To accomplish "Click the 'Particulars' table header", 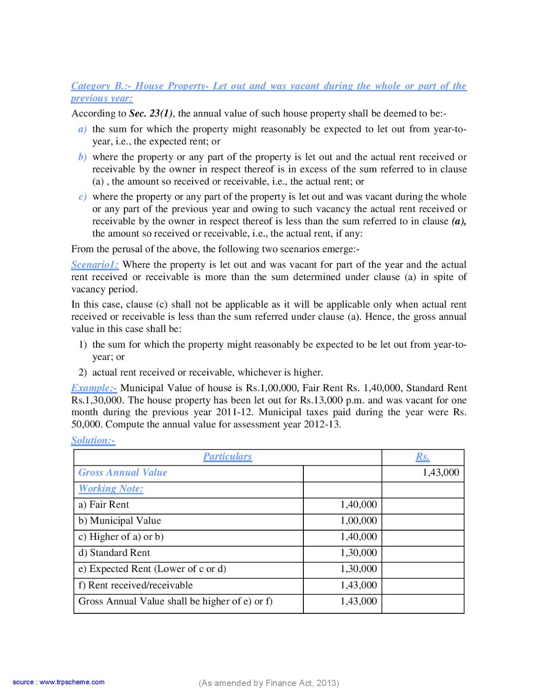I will pos(227,457).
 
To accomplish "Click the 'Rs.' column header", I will pos(422,457).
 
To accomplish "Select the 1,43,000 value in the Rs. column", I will pos(440,473).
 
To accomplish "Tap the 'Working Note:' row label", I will pos(111,489).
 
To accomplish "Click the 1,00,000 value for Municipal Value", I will pos(358,521).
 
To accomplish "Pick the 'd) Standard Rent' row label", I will pos(114,553).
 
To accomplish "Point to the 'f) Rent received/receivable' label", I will pos(135,585).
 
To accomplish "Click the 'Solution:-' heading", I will pos(93,440).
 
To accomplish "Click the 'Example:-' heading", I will pos(94,388).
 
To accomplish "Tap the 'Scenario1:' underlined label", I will pos(95,265).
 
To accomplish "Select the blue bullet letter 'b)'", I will pos(82,157).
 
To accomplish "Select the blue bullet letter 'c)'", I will pos(82,197).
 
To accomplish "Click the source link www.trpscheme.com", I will pos(72,682).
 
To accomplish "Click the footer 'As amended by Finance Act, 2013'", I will pos(269,683).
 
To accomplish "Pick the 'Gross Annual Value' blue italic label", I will pos(123,473).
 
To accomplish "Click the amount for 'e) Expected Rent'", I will pos(358,569).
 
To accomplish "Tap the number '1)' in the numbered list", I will pos(83,345).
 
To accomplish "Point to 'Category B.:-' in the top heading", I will pos(101,86).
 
